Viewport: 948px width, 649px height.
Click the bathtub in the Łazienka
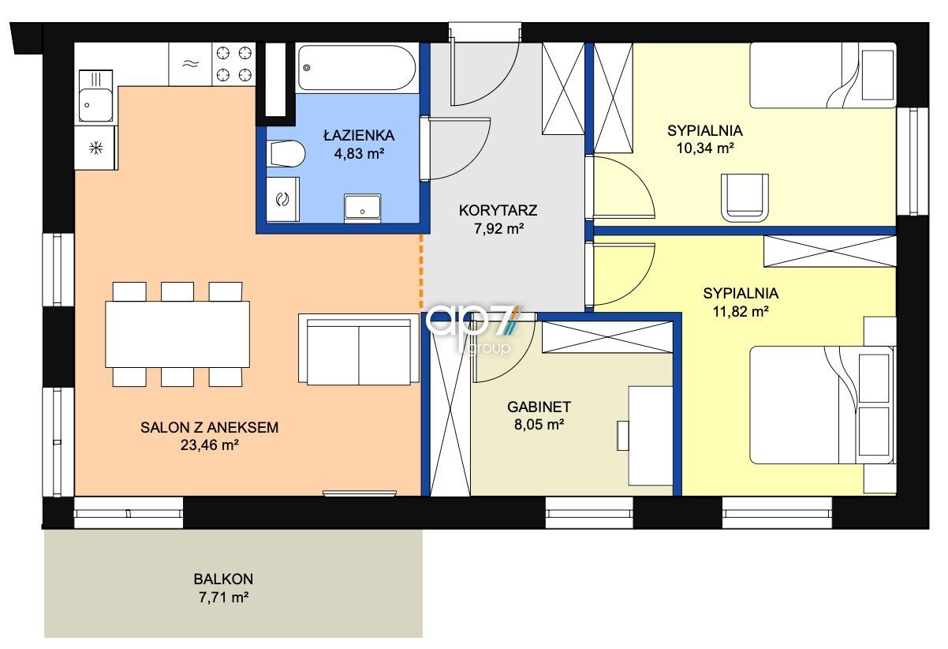[x=356, y=68]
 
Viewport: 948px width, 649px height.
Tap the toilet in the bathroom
[x=286, y=153]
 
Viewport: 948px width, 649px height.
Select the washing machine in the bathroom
[x=282, y=199]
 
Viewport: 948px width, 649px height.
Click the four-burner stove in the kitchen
[x=233, y=65]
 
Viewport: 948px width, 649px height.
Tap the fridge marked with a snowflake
[x=96, y=148]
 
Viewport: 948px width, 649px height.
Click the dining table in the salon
[x=177, y=334]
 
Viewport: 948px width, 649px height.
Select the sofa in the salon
[x=359, y=349]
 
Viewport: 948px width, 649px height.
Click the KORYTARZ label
[x=498, y=210]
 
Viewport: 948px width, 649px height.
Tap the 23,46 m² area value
[x=210, y=445]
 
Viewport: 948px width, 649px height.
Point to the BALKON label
[x=223, y=579]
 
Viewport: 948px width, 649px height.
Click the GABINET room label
[x=539, y=407]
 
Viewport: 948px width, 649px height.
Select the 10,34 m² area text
[x=705, y=148]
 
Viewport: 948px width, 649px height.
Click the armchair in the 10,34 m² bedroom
[x=745, y=197]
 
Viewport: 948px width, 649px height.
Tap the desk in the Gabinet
[x=651, y=436]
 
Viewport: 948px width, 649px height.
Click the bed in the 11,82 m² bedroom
[x=822, y=405]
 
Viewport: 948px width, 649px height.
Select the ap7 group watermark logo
[x=473, y=328]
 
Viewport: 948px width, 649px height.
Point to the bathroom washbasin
[x=362, y=207]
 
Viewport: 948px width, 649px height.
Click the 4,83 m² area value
[x=359, y=153]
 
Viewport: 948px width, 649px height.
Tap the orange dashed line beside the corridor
[x=420, y=271]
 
